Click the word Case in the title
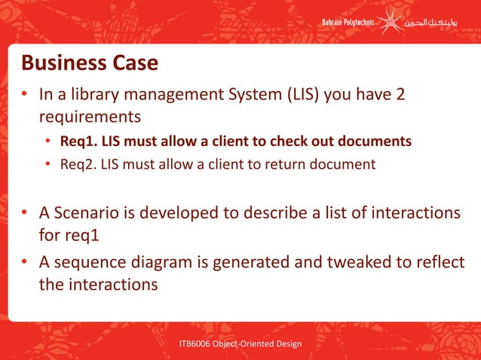pyautogui.click(x=136, y=63)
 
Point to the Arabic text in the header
pyautogui.click(x=437, y=23)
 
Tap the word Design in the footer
pyautogui.click(x=286, y=344)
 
